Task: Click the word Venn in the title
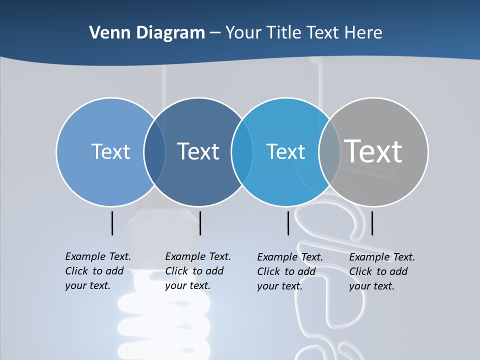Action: tap(106, 33)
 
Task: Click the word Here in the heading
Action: tap(363, 33)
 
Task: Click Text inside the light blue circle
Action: tap(110, 151)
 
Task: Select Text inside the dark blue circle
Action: tap(198, 151)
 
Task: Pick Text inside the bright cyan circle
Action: tap(285, 151)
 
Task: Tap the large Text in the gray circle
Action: tap(373, 151)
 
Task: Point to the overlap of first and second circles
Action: tap(155, 152)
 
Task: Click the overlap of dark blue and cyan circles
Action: tap(242, 152)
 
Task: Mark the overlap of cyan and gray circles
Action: tap(330, 152)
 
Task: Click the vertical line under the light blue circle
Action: tap(112, 223)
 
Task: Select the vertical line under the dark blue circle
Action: tap(200, 223)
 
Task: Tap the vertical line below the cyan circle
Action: tap(288, 223)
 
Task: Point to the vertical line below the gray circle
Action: tap(372, 223)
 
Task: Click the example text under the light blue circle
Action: tap(98, 271)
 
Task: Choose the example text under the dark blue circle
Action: tap(198, 271)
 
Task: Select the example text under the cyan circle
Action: tap(290, 271)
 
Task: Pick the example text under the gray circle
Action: tap(382, 271)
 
